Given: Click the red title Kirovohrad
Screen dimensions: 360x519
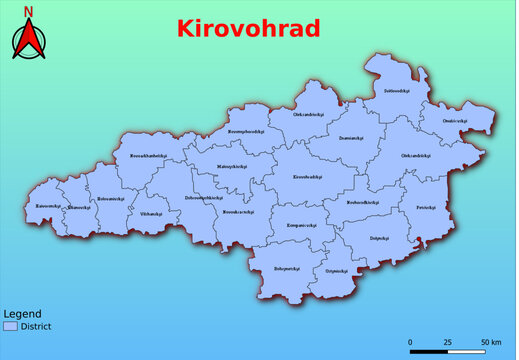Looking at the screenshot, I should pyautogui.click(x=248, y=28).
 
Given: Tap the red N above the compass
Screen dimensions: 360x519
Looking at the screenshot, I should pyautogui.click(x=29, y=12).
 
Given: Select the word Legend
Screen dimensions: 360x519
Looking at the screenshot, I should pyautogui.click(x=22, y=313).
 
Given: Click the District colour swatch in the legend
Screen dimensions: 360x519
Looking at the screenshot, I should pyautogui.click(x=10, y=326).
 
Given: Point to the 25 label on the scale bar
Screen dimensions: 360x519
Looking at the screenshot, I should pyautogui.click(x=447, y=341).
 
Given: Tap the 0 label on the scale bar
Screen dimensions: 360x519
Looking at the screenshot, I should pyautogui.click(x=411, y=341).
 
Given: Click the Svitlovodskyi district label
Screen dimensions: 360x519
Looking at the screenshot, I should pyautogui.click(x=396, y=91).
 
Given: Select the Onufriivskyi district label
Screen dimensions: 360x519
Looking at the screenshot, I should pyautogui.click(x=455, y=121).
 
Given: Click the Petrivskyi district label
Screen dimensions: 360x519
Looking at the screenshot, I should pyautogui.click(x=426, y=208).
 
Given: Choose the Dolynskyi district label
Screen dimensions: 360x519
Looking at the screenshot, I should pyautogui.click(x=379, y=238).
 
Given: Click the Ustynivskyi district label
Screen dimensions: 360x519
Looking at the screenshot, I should pyautogui.click(x=336, y=270).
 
